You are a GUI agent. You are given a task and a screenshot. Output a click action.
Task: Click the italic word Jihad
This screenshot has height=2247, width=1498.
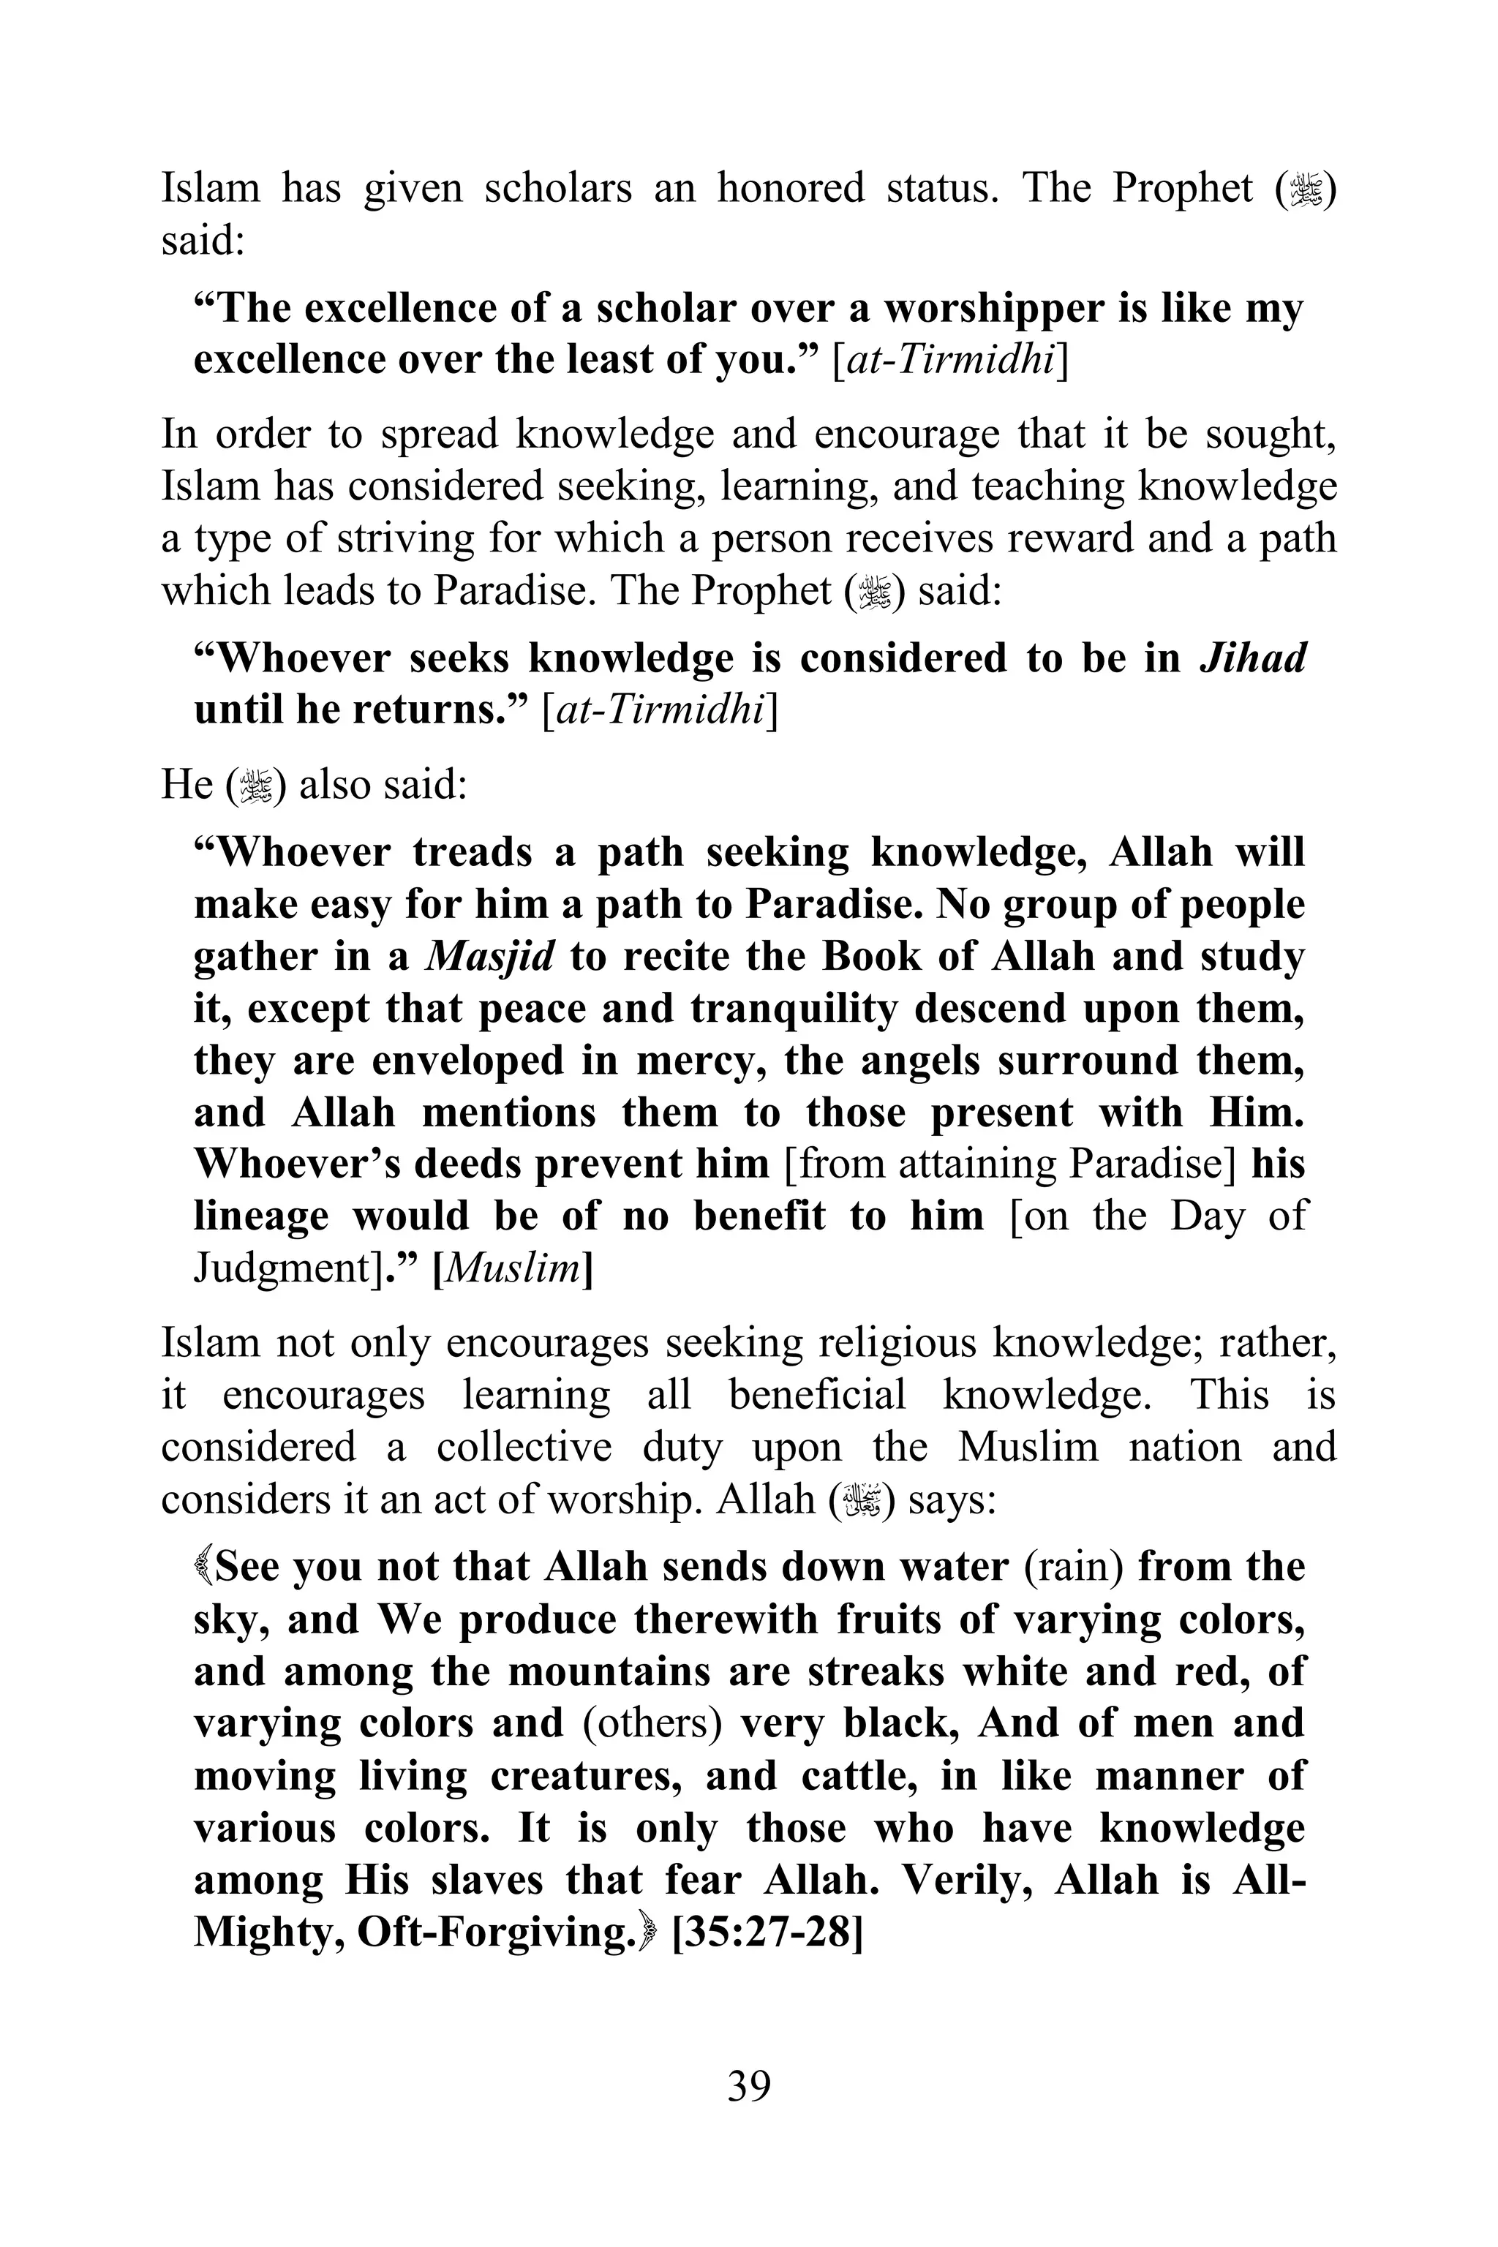click(x=1252, y=658)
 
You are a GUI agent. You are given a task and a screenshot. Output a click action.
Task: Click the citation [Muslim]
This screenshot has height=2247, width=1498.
click(x=513, y=1270)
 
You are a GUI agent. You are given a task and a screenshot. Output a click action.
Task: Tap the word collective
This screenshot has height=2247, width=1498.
click(x=524, y=1448)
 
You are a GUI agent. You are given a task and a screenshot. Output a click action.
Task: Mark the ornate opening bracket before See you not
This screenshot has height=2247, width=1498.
click(x=203, y=1567)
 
